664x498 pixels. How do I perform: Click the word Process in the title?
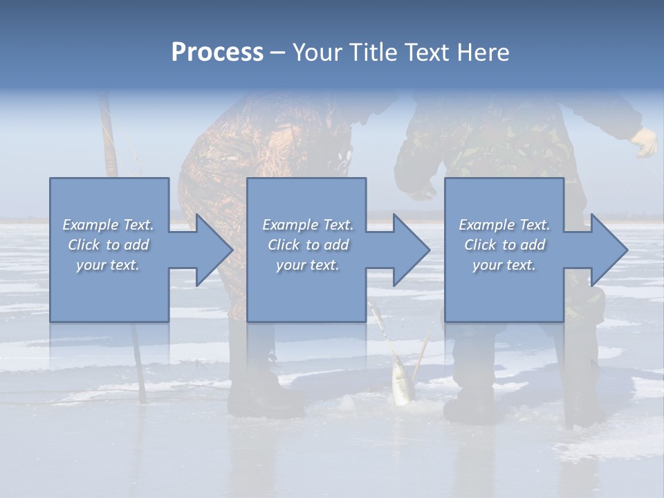coord(217,53)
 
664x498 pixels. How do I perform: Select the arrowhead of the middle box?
coord(407,250)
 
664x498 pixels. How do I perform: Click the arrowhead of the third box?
coord(605,250)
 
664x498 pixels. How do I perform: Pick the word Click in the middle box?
coord(283,245)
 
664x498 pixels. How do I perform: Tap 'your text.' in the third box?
coord(504,265)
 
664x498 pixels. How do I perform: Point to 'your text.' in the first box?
coord(108,265)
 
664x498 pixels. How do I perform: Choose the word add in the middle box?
coord(336,245)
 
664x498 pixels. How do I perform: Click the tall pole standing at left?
coord(109,138)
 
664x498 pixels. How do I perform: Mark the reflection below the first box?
coord(109,346)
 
